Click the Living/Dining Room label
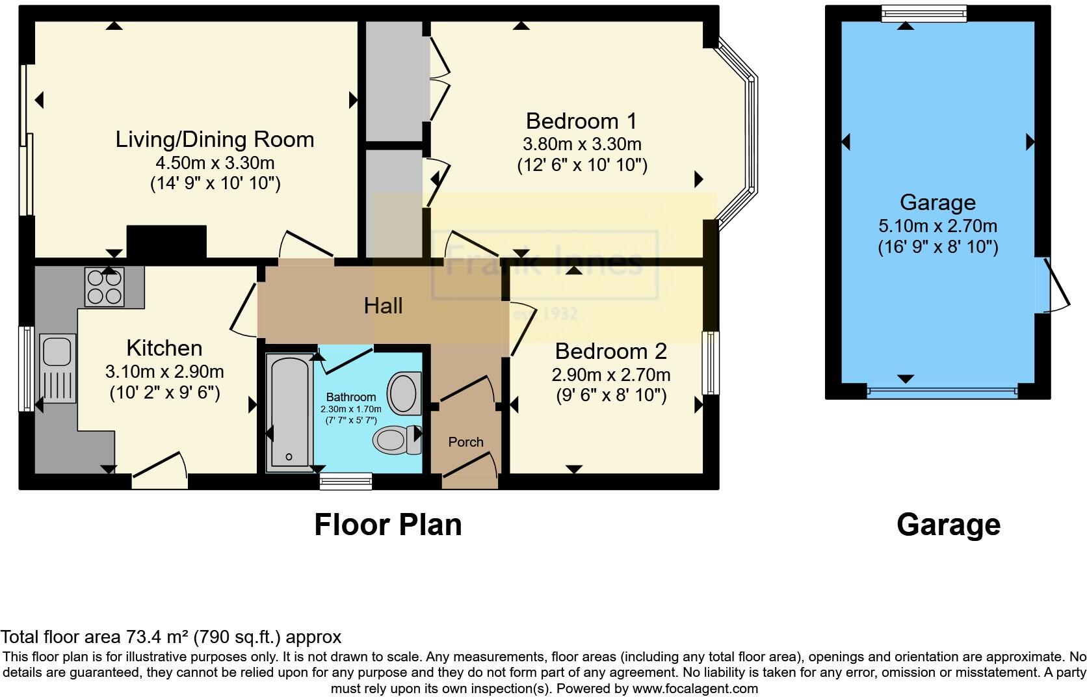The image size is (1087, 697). (215, 139)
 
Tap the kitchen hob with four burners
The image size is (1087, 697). (104, 287)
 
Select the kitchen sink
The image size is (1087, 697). (55, 351)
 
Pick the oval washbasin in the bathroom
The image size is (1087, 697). (404, 393)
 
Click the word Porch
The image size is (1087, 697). (465, 442)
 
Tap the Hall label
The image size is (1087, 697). (383, 306)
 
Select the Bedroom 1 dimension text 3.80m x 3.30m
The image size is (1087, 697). (582, 144)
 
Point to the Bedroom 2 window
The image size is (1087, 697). (711, 363)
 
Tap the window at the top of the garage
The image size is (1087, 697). (924, 14)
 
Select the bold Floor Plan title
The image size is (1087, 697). (387, 524)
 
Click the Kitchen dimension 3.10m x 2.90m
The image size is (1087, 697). (164, 372)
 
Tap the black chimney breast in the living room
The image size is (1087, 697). (166, 241)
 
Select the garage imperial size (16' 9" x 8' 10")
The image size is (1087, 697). (937, 246)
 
